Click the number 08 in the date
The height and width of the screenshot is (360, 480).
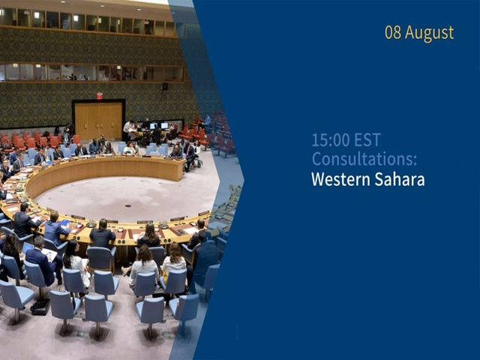coord(393,32)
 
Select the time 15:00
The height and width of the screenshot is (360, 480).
coord(330,140)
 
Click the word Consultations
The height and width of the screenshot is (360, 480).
coord(364,159)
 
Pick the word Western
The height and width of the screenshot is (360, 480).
coord(340,179)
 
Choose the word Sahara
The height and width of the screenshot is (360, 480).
coord(400,179)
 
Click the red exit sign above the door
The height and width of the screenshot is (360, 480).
coord(100,95)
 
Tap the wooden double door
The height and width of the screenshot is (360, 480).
coord(98,121)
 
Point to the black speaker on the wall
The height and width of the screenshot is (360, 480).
coord(165,86)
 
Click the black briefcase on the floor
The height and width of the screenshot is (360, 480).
coord(40,307)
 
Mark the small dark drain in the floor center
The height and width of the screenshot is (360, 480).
coord(128,206)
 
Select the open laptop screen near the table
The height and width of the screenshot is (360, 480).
coord(27,248)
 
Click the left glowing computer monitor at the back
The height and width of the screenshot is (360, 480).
coord(153,126)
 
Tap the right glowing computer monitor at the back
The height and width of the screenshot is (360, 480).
coord(164,125)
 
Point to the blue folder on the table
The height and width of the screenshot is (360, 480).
coord(64,223)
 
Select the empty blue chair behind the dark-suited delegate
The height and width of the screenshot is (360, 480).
coord(101,259)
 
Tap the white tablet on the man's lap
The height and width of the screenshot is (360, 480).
coord(49,253)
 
